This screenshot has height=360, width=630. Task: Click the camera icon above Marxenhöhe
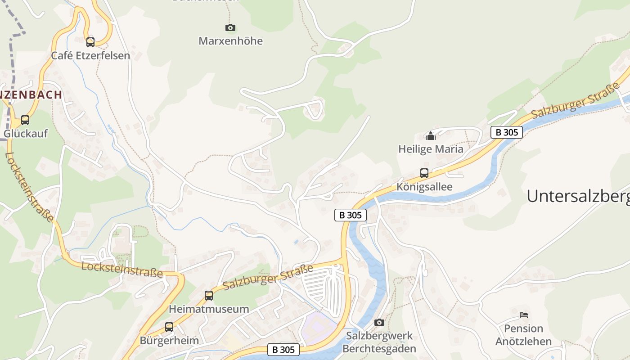230,28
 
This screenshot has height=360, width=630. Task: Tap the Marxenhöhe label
230,41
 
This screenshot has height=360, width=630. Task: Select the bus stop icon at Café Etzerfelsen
90,42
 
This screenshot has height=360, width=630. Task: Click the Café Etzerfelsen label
90,56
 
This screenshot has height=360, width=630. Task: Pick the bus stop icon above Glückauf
25,120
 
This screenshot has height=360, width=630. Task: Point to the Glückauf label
26,134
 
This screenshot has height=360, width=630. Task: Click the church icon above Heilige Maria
431,135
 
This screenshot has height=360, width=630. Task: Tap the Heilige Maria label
431,149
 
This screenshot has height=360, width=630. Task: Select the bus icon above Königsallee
424,173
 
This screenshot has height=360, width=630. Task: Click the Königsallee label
424,187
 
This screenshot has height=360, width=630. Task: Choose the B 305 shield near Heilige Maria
507,132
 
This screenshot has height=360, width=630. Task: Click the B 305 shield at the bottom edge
283,350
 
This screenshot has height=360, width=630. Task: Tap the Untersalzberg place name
578,196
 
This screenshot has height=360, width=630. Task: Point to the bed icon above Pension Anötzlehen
523,315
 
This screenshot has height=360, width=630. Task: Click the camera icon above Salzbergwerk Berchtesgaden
379,322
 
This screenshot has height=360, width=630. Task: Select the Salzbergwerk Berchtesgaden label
379,342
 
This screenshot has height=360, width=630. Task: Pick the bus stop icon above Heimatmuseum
209,296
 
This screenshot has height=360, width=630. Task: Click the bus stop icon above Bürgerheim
169,327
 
